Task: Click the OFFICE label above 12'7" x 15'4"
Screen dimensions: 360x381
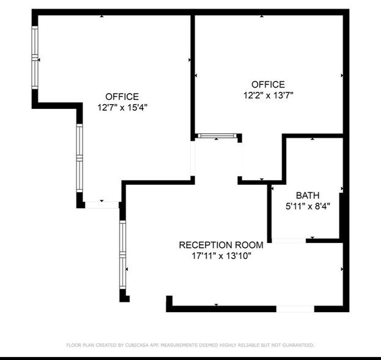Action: pyautogui.click(x=122, y=97)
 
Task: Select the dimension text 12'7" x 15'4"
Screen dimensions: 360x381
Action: pyautogui.click(x=122, y=107)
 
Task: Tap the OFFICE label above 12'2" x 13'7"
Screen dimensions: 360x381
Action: pyautogui.click(x=268, y=84)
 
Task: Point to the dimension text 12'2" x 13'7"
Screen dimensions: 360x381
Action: pyautogui.click(x=268, y=95)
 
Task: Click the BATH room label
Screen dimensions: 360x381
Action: pyautogui.click(x=308, y=195)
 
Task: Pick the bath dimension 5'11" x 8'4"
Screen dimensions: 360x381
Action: pyautogui.click(x=308, y=206)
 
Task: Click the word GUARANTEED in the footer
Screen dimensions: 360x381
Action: pyautogui.click(x=298, y=345)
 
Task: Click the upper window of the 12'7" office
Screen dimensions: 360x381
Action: pyautogui.click(x=35, y=58)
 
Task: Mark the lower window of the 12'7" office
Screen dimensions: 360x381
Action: pyautogui.click(x=79, y=158)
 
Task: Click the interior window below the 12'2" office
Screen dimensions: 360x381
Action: pyautogui.click(x=216, y=137)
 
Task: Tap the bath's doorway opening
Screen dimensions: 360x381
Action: pyautogui.click(x=289, y=241)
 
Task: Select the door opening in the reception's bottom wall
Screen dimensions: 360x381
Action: pyautogui.click(x=295, y=309)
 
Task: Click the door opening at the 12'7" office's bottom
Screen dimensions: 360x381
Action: pyautogui.click(x=102, y=204)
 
